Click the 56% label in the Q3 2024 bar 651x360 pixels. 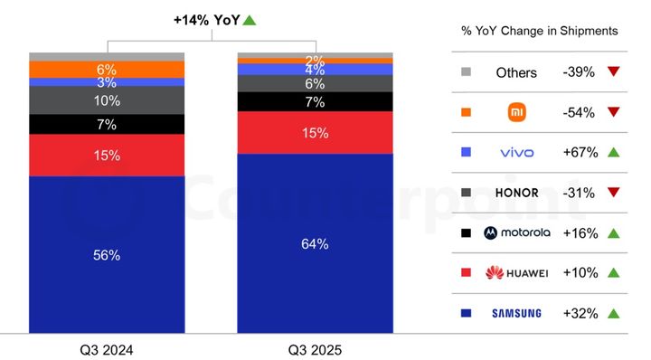tap(107, 255)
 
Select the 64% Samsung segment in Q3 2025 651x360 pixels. tap(315, 243)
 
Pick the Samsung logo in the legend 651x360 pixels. tap(516, 313)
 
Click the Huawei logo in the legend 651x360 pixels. tap(516, 272)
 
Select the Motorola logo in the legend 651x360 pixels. tap(516, 232)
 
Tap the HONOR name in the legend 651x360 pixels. tap(516, 193)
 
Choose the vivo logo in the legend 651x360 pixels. tap(516, 153)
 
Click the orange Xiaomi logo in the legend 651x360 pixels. tap(516, 112)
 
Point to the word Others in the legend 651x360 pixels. tap(516, 72)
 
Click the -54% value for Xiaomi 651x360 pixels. tap(578, 112)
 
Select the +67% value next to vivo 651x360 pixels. tap(578, 153)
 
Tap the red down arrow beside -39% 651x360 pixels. tap(614, 72)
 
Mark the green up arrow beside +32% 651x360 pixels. tap(614, 313)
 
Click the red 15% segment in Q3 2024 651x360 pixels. tap(107, 155)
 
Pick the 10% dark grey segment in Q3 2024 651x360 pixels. tap(107, 100)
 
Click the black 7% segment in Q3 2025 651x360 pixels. tap(315, 102)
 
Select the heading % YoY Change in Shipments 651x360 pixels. tap(539, 31)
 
